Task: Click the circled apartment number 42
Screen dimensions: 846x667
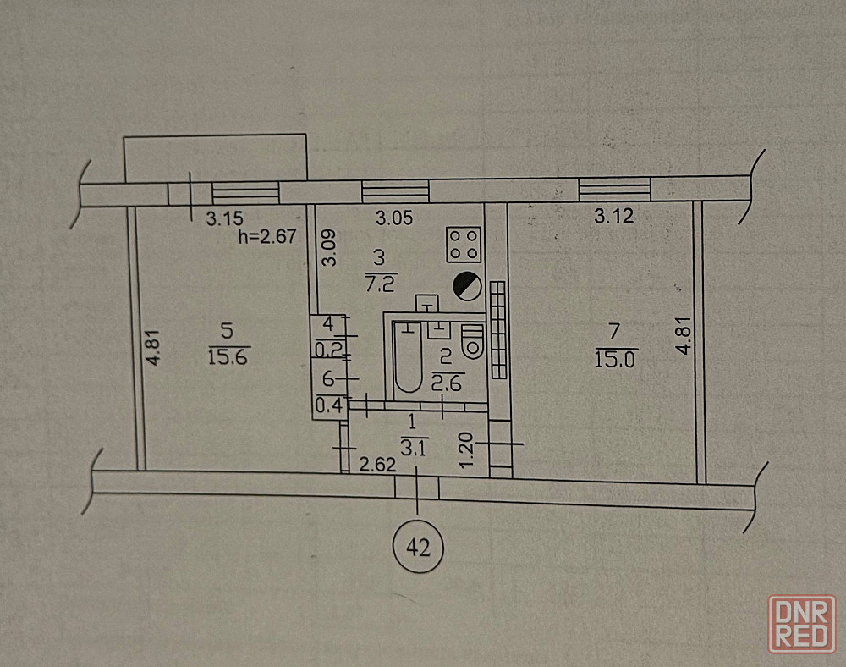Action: tap(418, 548)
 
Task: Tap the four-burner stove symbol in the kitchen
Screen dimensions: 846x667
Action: tap(464, 245)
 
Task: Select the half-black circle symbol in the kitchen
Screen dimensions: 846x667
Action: tap(467, 287)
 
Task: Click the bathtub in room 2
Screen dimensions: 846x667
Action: tap(409, 357)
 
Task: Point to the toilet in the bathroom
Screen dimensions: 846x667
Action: tap(473, 341)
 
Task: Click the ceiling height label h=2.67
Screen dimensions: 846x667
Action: tap(267, 236)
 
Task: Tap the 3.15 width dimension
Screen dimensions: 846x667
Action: tap(224, 218)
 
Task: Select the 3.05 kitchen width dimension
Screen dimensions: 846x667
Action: tap(394, 218)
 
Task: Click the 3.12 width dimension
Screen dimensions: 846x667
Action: tap(613, 216)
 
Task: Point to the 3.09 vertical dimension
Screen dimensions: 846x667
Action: tap(328, 248)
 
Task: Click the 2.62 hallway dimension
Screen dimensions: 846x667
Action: tap(377, 464)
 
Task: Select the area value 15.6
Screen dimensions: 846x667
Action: tap(228, 356)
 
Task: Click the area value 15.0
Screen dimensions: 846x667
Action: tap(616, 359)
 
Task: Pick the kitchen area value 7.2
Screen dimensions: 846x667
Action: tap(381, 283)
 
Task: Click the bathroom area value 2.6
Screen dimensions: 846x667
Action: tap(447, 383)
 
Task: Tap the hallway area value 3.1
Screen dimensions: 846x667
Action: tap(414, 448)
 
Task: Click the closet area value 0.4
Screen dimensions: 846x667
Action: tap(329, 405)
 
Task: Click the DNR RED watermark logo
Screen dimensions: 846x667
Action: tap(802, 625)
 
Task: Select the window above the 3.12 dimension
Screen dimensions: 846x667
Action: tap(614, 189)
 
